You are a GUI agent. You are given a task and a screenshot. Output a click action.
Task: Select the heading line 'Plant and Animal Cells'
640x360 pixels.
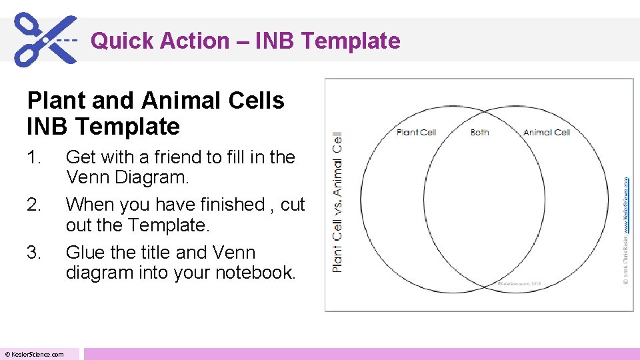tap(155, 101)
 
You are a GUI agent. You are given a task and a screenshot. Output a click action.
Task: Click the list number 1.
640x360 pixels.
tap(34, 157)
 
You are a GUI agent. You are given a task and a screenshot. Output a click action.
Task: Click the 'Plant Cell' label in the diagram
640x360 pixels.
tap(416, 132)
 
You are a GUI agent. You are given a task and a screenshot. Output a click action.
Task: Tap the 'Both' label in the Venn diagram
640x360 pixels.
tap(480, 132)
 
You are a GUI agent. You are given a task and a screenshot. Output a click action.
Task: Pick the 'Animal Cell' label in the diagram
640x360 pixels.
tap(547, 132)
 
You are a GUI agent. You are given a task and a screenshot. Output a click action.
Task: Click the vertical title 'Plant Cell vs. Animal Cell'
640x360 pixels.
tap(337, 201)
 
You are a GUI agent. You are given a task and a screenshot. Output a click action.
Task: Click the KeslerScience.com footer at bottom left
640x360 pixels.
tap(35, 354)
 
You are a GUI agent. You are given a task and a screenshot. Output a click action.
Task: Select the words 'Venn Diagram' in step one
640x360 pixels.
tap(128, 178)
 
